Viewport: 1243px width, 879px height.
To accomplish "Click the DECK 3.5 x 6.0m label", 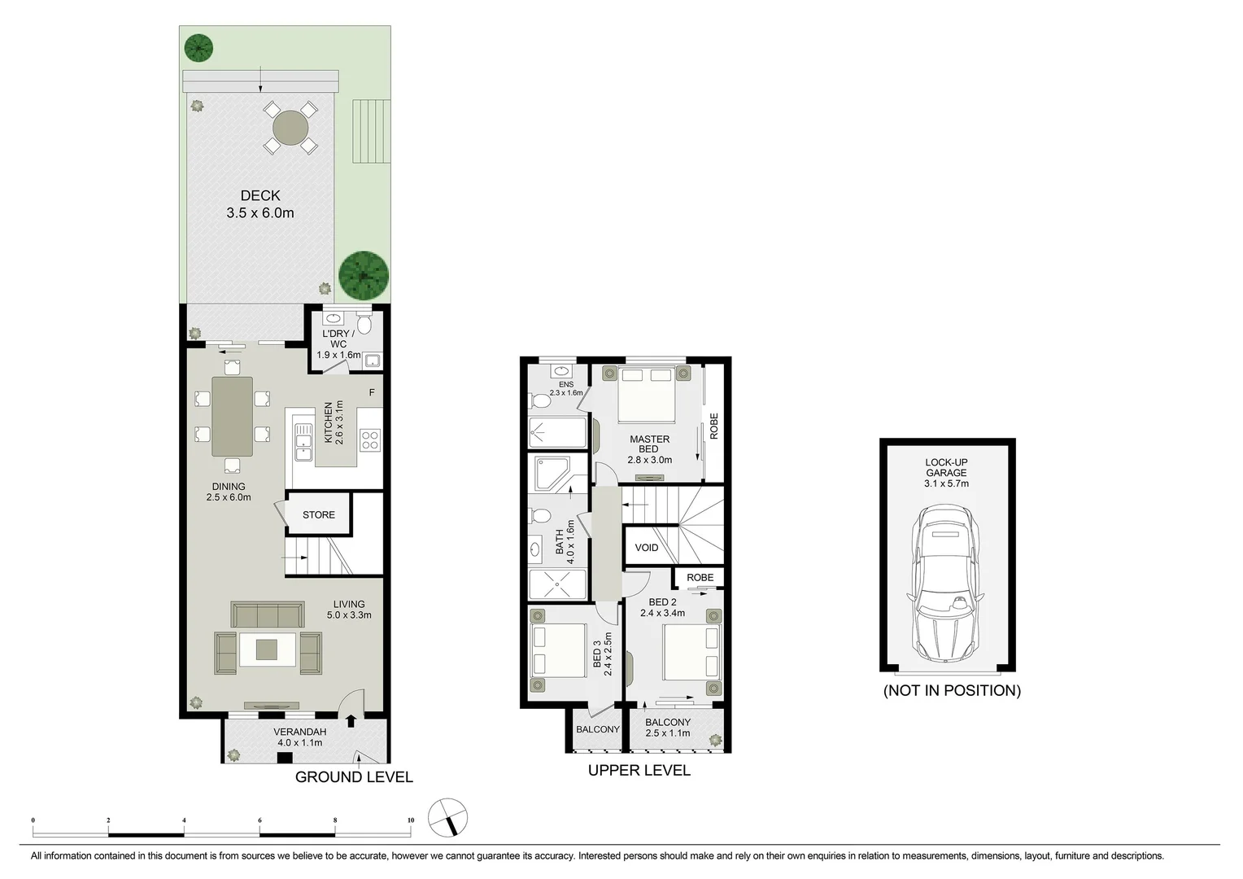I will pyautogui.click(x=260, y=204).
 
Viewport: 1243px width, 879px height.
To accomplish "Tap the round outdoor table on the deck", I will pyautogui.click(x=290, y=128).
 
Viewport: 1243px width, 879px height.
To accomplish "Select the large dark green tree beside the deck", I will pyautogui.click(x=364, y=275).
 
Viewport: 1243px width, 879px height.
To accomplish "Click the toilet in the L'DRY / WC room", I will pyautogui.click(x=364, y=324).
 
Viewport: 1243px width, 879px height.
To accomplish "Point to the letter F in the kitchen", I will pyautogui.click(x=372, y=392).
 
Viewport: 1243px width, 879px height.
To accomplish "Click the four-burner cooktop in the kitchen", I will pyautogui.click(x=370, y=440).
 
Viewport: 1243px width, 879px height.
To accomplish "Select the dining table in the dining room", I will pyautogui.click(x=232, y=416).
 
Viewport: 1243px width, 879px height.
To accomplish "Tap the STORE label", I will pyautogui.click(x=318, y=514).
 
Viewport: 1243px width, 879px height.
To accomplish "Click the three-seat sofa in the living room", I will pyautogui.click(x=268, y=614).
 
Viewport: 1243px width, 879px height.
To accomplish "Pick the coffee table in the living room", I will pyautogui.click(x=267, y=649).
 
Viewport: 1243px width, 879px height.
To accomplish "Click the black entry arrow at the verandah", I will pyautogui.click(x=351, y=720).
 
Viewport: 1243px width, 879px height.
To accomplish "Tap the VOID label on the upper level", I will pyautogui.click(x=647, y=548).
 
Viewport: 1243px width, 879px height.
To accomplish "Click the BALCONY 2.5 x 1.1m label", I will pyautogui.click(x=668, y=728).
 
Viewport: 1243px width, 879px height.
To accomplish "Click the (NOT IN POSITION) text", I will pyautogui.click(x=952, y=690).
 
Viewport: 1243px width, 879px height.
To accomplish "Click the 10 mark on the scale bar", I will pyautogui.click(x=411, y=820).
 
